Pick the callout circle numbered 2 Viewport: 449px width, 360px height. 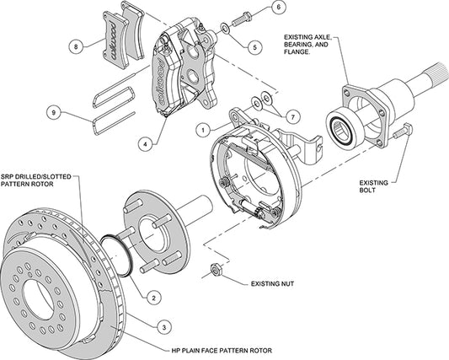click(154, 297)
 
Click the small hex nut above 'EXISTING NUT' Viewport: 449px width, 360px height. click(215, 270)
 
